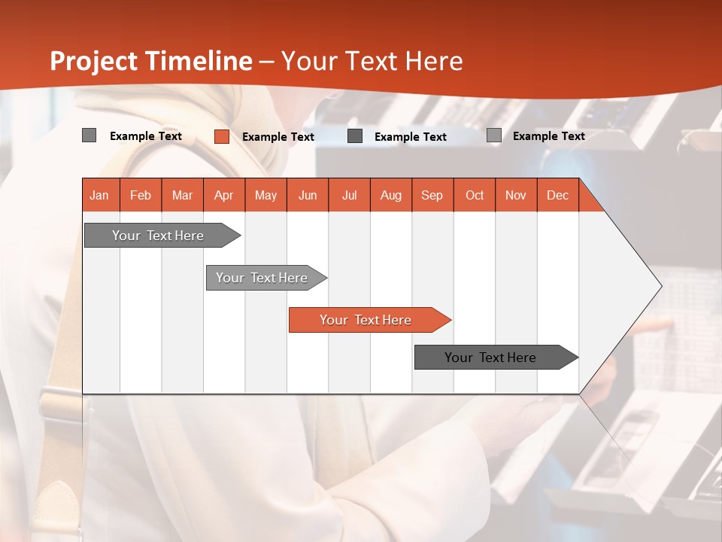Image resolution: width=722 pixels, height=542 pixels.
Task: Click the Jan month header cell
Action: [x=100, y=195]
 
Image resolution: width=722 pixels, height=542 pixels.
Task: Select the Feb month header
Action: [x=141, y=195]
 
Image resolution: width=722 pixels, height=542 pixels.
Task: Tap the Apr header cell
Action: [x=224, y=195]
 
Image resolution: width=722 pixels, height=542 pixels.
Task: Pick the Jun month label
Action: [x=308, y=195]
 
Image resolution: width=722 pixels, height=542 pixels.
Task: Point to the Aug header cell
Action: [x=391, y=195]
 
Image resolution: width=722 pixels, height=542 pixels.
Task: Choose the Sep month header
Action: [x=432, y=195]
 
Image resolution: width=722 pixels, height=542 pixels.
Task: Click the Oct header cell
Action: [x=475, y=195]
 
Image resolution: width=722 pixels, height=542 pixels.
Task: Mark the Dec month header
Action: [x=558, y=195]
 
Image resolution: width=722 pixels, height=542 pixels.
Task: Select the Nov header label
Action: [x=516, y=195]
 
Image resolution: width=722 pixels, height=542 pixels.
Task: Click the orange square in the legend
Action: [x=222, y=136]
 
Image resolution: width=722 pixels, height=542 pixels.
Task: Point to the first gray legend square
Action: [x=89, y=135]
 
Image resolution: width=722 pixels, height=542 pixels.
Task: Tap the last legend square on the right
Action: [x=494, y=135]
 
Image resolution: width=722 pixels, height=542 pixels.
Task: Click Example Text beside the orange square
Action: [x=278, y=137]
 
